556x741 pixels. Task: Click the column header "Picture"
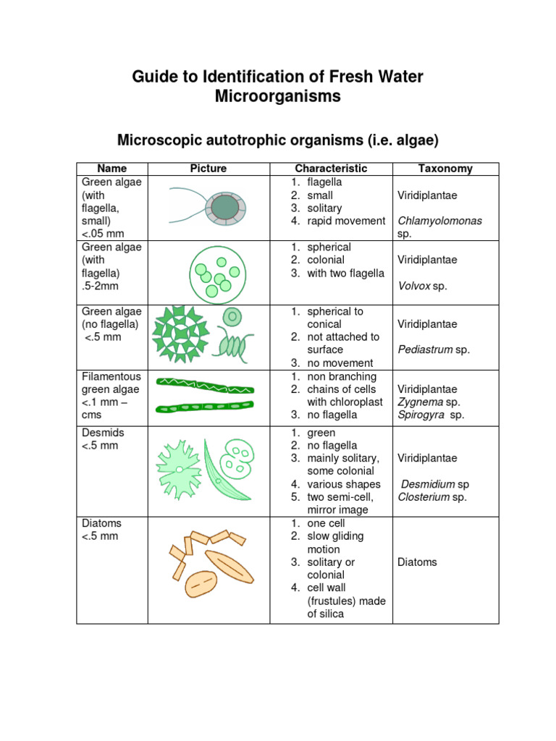pyautogui.click(x=208, y=169)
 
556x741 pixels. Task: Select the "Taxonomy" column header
pyautogui.click(x=445, y=169)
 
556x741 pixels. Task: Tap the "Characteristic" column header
pyautogui.click(x=331, y=169)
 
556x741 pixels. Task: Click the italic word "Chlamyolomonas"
pyautogui.click(x=440, y=221)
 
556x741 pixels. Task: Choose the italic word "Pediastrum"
pyautogui.click(x=425, y=350)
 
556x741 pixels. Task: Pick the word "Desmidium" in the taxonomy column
pyautogui.click(x=428, y=484)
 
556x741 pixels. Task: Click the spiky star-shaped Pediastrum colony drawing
pyautogui.click(x=180, y=334)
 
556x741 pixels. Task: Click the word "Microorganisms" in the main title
pyautogui.click(x=278, y=96)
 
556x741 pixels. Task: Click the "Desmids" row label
pyautogui.click(x=103, y=433)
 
